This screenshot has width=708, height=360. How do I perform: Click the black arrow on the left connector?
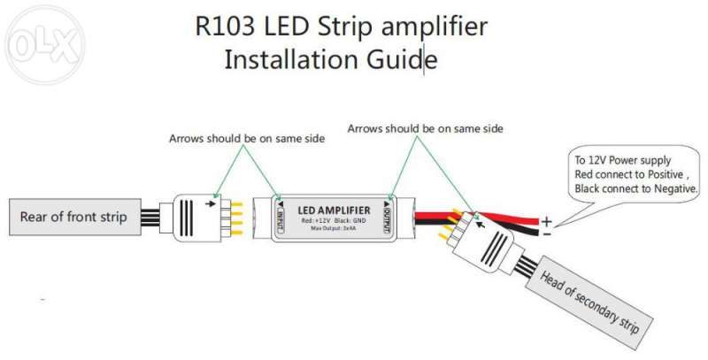[x=210, y=203]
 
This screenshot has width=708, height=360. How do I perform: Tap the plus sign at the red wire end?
[x=547, y=221]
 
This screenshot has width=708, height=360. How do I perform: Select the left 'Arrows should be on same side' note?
[x=247, y=139]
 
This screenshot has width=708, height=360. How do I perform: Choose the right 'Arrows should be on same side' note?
[x=425, y=128]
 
